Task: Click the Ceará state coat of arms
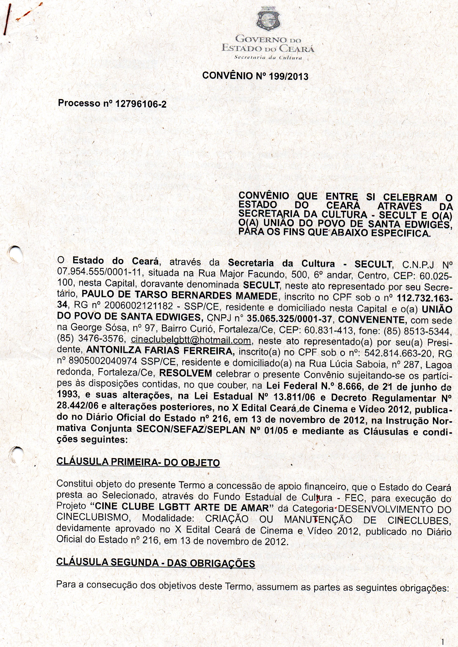tap(268, 19)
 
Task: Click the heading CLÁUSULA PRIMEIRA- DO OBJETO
tap(138, 462)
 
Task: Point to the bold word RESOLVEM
tap(186, 373)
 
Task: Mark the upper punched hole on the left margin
tap(15, 254)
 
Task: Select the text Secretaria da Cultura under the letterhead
tap(268, 58)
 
